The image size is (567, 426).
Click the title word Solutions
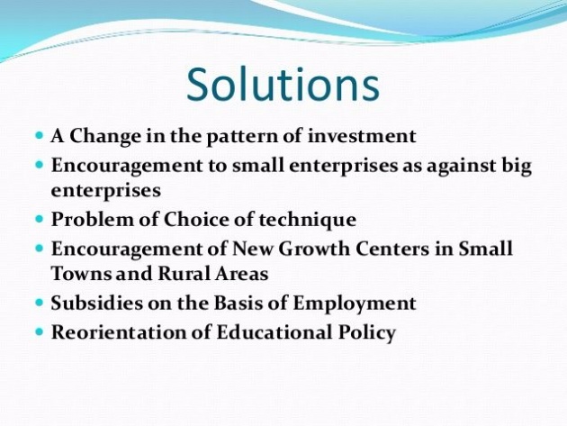(283, 84)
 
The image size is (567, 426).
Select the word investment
(362, 136)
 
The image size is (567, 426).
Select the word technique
(308, 221)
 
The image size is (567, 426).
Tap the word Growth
(314, 249)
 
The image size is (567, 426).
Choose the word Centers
(392, 249)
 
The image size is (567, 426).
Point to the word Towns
(81, 273)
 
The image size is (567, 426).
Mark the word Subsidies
(97, 303)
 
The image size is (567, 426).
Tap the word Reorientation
(121, 332)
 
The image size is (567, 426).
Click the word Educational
(274, 332)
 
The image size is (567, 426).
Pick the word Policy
(367, 333)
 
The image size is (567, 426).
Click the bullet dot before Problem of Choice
(40, 220)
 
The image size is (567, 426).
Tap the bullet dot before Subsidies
(40, 303)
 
